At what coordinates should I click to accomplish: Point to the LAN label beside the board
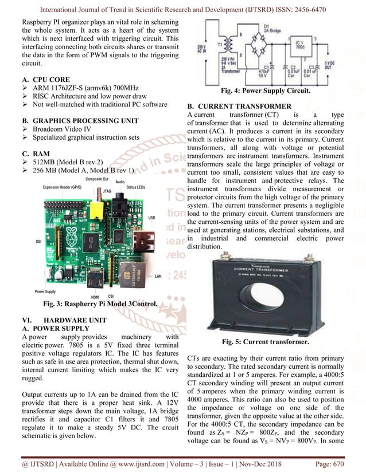[158, 275]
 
